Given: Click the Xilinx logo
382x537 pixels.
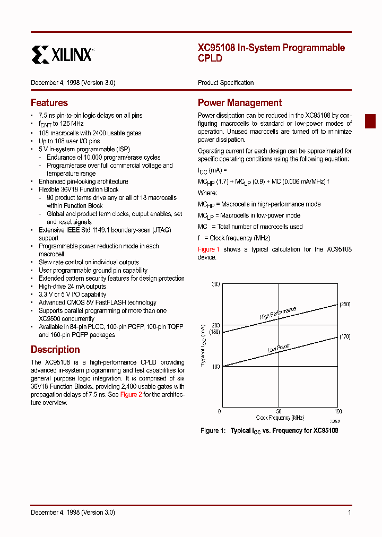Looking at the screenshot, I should tap(63, 54).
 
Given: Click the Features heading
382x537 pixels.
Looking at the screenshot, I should tap(49, 102).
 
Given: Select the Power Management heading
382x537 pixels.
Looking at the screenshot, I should tap(239, 102).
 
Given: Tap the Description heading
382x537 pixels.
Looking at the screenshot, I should tap(55, 349).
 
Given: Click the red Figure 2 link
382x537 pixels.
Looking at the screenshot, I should tap(131, 394).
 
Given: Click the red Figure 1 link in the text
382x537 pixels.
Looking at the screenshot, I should tap(209, 249).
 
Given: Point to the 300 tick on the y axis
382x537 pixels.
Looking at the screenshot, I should tap(215, 284).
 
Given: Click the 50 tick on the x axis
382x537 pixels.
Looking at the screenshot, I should tap(279, 411).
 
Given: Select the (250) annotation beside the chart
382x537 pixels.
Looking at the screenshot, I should tap(345, 304).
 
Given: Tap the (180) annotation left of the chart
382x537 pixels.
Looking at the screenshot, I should tap(214, 332).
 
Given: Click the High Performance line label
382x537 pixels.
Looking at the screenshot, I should tap(277, 313).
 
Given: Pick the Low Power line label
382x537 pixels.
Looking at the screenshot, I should tap(279, 349).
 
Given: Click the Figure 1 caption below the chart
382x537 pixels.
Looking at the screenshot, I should tap(269, 430).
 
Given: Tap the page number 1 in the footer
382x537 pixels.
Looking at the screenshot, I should tap(349, 512).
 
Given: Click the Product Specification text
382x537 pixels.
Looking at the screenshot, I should tap(225, 82).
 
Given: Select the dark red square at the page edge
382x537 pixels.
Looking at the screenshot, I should tap(370, 121).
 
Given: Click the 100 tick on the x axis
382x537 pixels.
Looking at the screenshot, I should tap(338, 411).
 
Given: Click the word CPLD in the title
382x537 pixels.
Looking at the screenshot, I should tap(210, 58).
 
